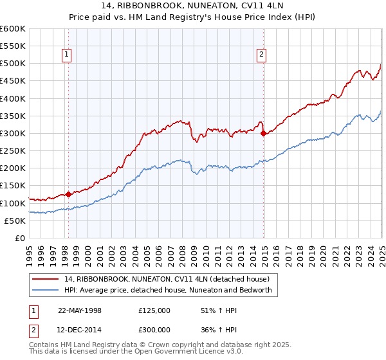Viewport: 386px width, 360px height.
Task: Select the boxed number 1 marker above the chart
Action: [x=67, y=55]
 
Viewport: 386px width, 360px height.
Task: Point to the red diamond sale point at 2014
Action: [x=263, y=134]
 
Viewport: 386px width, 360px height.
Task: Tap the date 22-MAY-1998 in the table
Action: [x=80, y=310]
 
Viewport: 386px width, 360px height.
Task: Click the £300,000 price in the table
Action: [x=154, y=330]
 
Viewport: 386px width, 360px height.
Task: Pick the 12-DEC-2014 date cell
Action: [x=80, y=330]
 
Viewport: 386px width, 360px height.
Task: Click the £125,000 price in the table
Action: [x=154, y=310]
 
